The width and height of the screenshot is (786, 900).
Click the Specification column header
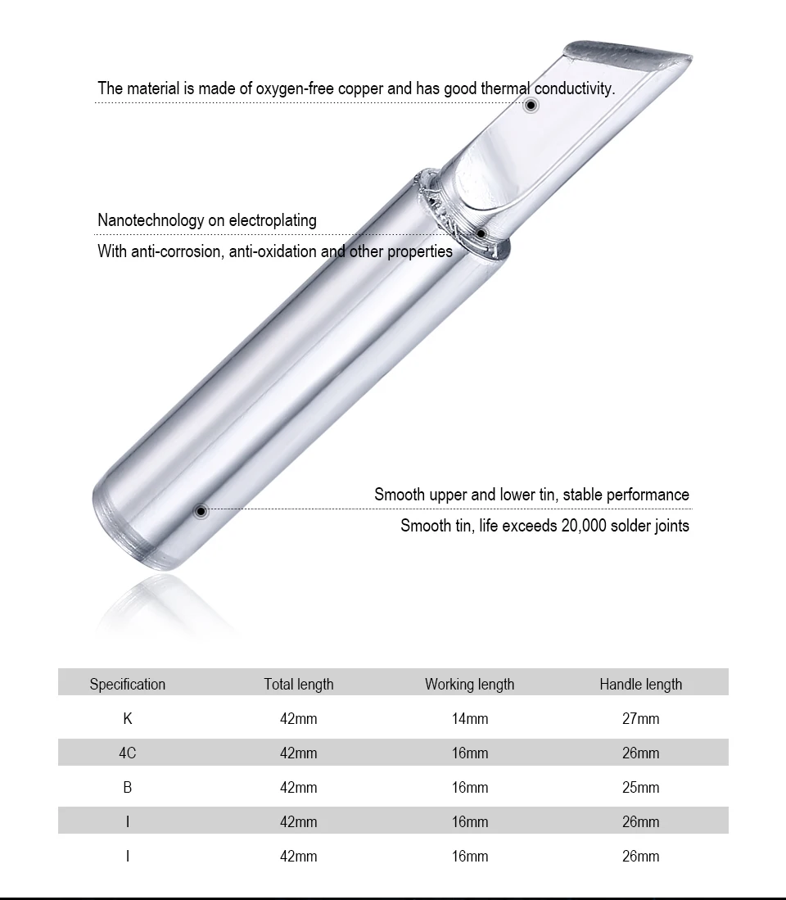[128, 684]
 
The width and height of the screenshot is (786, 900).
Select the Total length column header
[299, 684]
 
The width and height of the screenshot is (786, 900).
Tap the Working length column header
[469, 684]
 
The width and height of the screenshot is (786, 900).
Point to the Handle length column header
[640, 684]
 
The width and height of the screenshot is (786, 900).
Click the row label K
[128, 719]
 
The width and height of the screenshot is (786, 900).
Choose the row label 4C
[128, 753]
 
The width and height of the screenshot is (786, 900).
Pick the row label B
[128, 788]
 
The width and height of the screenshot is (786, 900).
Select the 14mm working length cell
[469, 719]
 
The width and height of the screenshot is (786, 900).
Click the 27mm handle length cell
[640, 719]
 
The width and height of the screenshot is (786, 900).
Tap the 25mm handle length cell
[640, 788]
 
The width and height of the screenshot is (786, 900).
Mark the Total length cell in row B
[299, 788]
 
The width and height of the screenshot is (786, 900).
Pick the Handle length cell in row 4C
[640, 753]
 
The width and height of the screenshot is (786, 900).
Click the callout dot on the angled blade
[531, 105]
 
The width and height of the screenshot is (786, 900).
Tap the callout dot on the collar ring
[481, 234]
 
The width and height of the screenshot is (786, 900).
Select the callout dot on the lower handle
[201, 511]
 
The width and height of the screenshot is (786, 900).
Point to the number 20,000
[584, 526]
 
